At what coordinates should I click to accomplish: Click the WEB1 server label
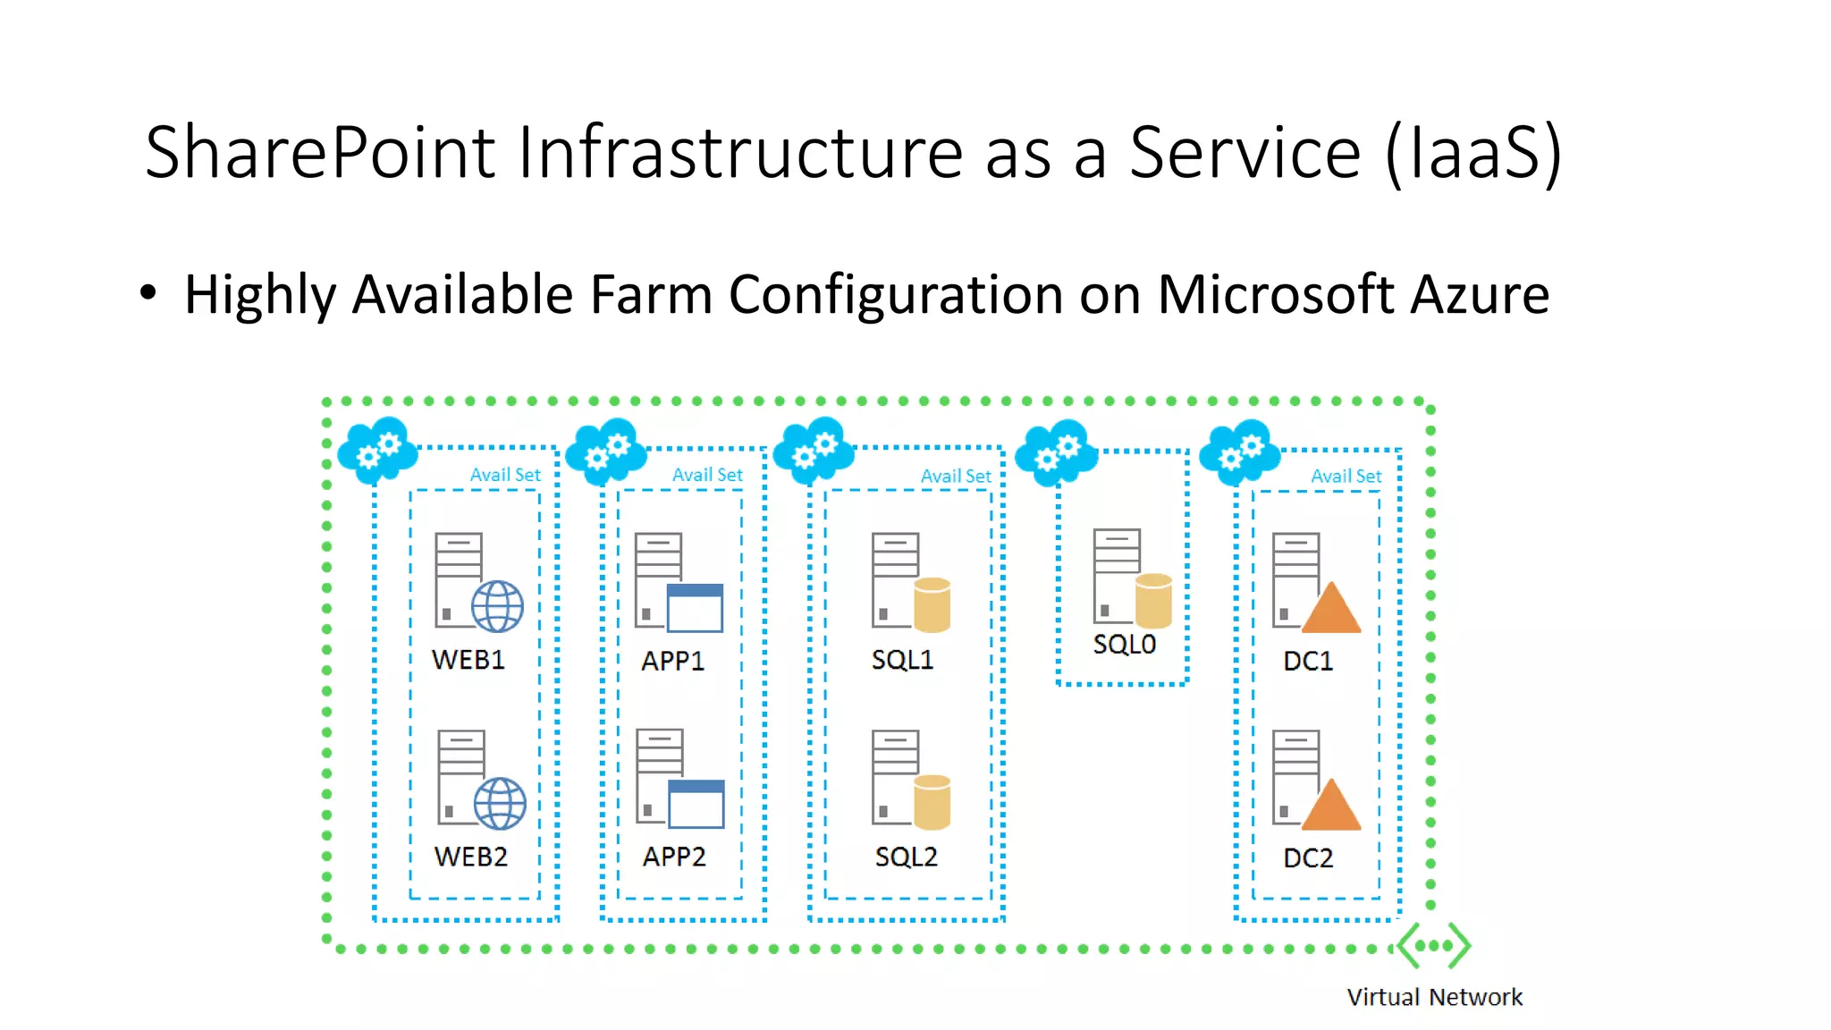(468, 660)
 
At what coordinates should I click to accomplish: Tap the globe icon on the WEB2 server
(500, 803)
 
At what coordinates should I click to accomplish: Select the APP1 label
(672, 661)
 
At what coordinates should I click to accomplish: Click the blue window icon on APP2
(696, 804)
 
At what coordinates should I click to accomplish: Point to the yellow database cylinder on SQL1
(932, 604)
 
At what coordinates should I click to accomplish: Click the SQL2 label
(906, 857)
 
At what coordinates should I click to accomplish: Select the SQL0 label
(1124, 644)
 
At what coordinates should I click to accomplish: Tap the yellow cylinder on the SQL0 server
(1153, 601)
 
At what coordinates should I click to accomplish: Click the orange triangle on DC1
(1331, 610)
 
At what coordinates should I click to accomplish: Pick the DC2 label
(1308, 858)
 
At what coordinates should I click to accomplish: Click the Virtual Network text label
(1434, 997)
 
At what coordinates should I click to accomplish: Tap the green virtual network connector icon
(1434, 945)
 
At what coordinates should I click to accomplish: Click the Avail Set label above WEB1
(505, 475)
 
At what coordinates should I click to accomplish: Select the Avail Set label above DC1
(1346, 476)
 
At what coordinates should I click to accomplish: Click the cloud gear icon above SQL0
(1057, 452)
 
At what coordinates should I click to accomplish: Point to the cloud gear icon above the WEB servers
(378, 450)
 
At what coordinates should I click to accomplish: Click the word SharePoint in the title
(320, 152)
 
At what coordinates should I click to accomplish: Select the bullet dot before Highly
(148, 292)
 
